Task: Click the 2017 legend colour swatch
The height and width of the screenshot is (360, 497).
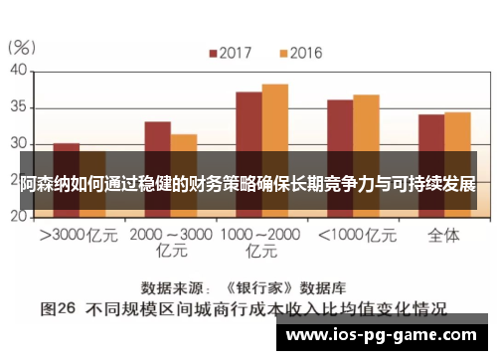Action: click(x=212, y=52)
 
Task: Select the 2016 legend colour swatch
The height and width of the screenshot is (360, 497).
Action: click(x=282, y=52)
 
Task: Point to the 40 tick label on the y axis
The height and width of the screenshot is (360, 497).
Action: click(x=18, y=71)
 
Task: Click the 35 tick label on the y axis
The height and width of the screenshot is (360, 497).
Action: click(x=18, y=107)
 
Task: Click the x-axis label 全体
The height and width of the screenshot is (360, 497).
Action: click(x=443, y=237)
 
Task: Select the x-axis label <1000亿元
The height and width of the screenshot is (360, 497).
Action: click(x=353, y=237)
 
